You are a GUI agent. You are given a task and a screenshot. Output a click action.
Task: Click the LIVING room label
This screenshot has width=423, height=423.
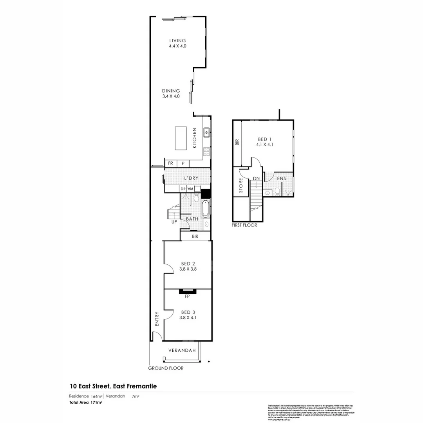click(177, 41)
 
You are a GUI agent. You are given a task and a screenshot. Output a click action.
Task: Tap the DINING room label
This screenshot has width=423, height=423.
click(171, 91)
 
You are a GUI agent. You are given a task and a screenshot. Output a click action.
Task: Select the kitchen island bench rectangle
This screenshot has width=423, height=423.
click(180, 138)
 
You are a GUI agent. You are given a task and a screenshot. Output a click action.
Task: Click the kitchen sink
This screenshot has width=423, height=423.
click(206, 133)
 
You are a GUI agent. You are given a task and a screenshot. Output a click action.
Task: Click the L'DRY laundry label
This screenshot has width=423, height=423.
click(191, 178)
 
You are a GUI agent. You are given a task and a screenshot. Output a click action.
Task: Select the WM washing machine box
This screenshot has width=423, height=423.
click(190, 189)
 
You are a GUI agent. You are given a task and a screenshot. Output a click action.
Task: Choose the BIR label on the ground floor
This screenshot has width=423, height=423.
click(195, 237)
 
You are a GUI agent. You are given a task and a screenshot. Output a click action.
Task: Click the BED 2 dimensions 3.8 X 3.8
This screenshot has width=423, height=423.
click(188, 269)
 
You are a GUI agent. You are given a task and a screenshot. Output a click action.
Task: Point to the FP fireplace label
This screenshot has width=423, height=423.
click(188, 296)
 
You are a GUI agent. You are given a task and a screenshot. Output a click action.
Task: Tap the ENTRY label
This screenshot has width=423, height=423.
click(157, 319)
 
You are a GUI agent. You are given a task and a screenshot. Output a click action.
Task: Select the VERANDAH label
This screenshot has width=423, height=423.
click(182, 350)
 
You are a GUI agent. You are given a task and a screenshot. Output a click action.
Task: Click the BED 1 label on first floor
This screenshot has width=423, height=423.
click(264, 139)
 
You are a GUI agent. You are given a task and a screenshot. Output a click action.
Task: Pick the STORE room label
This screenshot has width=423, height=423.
click(241, 186)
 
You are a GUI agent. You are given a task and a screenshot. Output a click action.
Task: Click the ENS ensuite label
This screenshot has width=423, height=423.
click(281, 179)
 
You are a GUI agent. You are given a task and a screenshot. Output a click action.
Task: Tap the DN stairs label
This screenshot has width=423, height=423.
click(256, 179)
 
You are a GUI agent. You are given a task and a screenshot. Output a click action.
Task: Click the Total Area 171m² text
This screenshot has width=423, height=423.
click(86, 402)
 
